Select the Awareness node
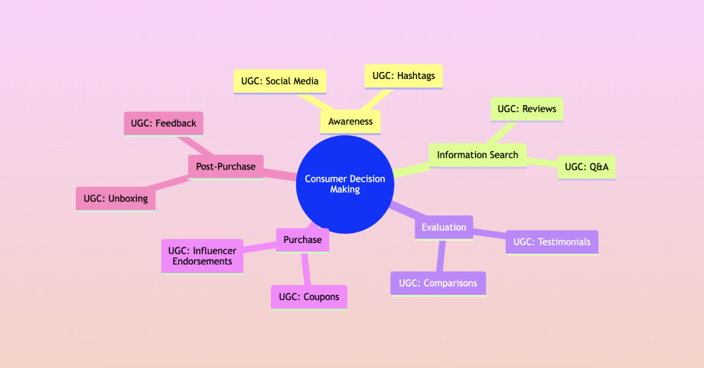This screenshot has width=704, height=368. [350, 122]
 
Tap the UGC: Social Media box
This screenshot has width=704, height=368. [279, 80]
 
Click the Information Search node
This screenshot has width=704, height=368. [477, 155]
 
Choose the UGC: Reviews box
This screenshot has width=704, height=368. [526, 109]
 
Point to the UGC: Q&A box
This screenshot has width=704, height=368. [586, 166]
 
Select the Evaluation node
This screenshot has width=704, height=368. [444, 227]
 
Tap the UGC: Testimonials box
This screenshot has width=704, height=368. [552, 242]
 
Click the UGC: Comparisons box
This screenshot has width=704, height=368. [438, 283]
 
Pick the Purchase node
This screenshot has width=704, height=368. [302, 240]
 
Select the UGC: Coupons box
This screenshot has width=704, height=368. [308, 297]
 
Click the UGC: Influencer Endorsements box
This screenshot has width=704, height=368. [203, 256]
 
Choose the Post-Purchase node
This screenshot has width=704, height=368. [226, 166]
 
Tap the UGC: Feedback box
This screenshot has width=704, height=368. [161, 123]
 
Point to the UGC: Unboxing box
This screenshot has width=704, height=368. [116, 199]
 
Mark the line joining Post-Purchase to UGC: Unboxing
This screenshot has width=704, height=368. [173, 184]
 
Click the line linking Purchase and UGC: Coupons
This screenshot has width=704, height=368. [305, 268]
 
